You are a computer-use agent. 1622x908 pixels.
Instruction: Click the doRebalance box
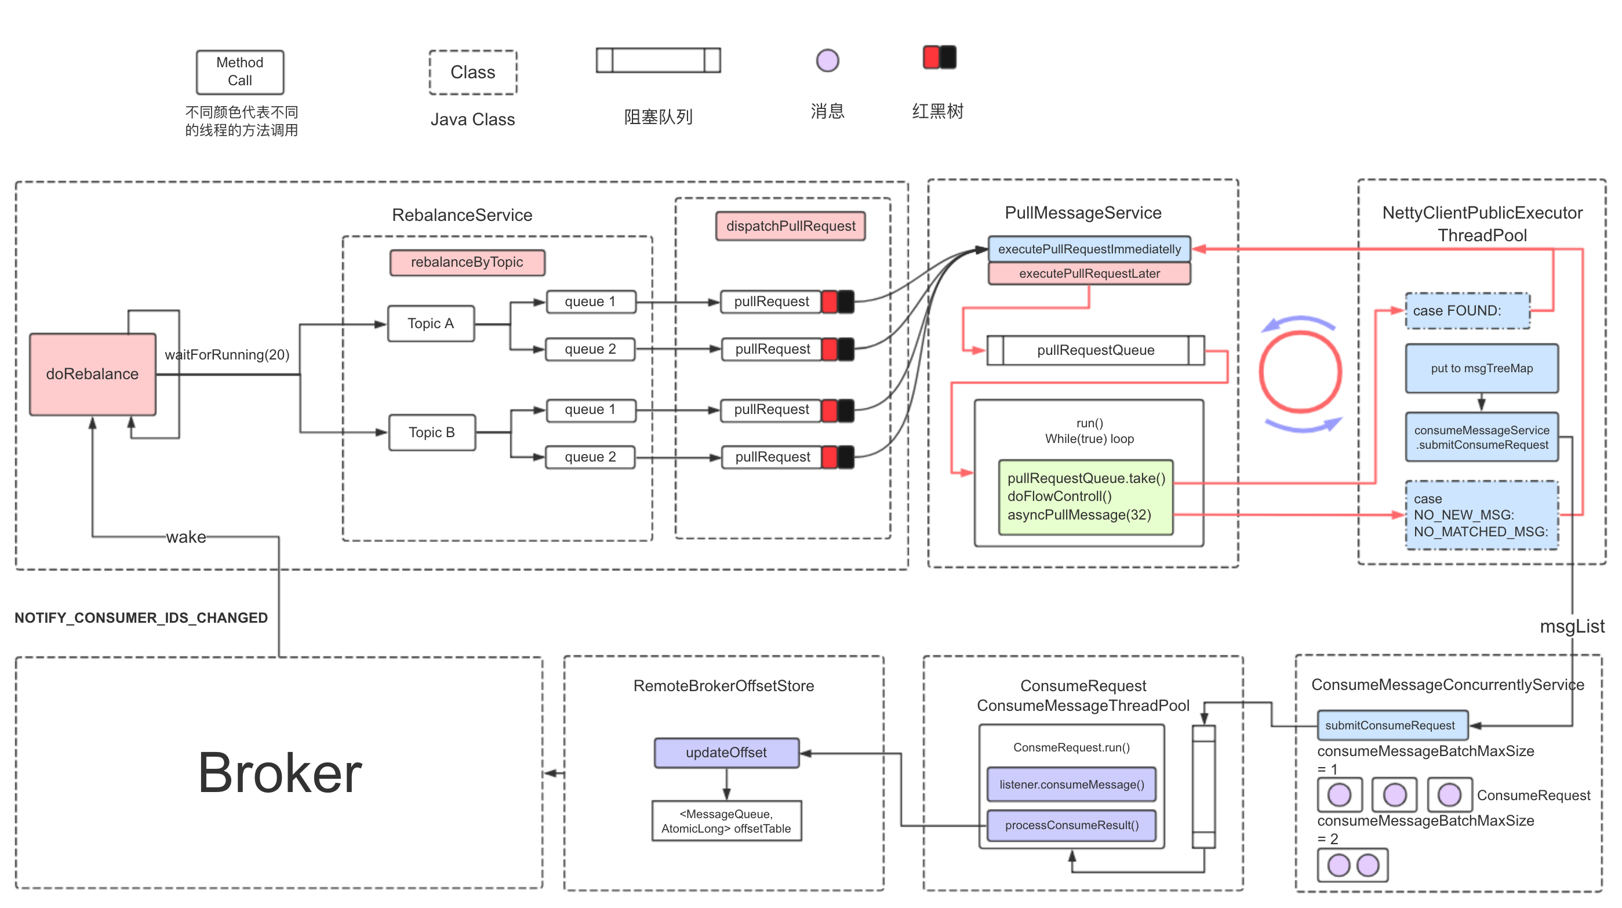[93, 374]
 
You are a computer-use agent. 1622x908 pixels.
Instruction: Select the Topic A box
[431, 324]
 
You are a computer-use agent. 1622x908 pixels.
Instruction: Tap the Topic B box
[432, 433]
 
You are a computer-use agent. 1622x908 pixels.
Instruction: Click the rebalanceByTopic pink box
[467, 263]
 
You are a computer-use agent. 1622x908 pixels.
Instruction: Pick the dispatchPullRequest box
[790, 226]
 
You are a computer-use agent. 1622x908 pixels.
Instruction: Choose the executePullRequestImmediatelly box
[1089, 249]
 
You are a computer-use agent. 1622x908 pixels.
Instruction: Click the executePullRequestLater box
[1089, 274]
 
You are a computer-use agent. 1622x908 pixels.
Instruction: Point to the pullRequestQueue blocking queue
[1095, 350]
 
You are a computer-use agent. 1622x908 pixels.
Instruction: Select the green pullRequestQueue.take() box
[1086, 497]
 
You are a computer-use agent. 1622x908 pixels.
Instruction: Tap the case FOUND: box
[1467, 310]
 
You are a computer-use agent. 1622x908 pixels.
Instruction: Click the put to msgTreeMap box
[1481, 368]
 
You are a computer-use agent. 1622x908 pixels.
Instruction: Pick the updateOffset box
[726, 753]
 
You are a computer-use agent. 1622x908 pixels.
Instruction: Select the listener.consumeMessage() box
[1071, 784]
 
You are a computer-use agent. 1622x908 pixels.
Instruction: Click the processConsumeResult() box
[1071, 826]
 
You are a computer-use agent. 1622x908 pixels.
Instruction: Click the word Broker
[279, 773]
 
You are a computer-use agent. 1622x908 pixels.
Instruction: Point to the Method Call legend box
[240, 72]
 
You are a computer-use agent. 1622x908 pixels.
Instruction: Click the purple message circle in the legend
[827, 61]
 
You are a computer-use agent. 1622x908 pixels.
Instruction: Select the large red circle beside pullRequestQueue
[1300, 372]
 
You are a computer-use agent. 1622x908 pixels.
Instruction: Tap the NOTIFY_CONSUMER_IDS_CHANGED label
[141, 618]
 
